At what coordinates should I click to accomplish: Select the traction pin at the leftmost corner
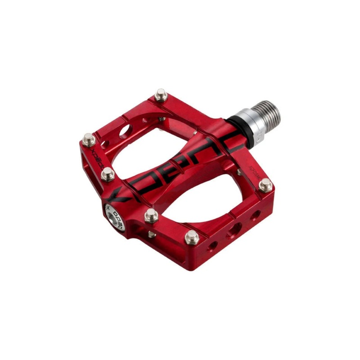(89, 139)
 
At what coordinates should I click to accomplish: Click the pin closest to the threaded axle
(160, 95)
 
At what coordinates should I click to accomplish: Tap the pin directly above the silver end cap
(108, 175)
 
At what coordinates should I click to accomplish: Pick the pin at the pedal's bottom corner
(192, 237)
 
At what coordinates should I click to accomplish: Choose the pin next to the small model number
(266, 184)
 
